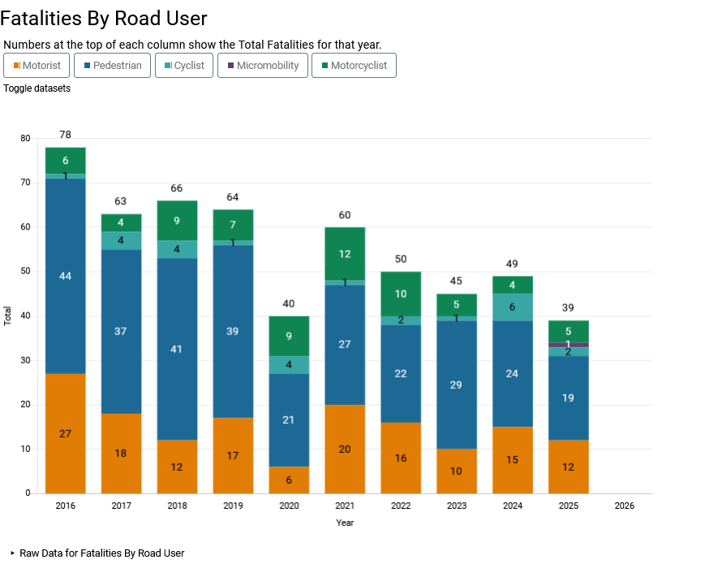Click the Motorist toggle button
pyautogui.click(x=37, y=66)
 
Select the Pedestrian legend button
pyautogui.click(x=112, y=66)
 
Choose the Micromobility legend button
pyautogui.click(x=263, y=66)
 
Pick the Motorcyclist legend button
pyautogui.click(x=354, y=66)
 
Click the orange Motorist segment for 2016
pyautogui.click(x=66, y=433)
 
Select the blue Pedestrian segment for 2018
pyautogui.click(x=177, y=349)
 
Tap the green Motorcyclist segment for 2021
pyautogui.click(x=345, y=254)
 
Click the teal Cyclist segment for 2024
pyautogui.click(x=513, y=307)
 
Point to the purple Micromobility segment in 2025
pyautogui.click(x=569, y=345)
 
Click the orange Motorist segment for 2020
pyautogui.click(x=289, y=480)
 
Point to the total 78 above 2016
pyautogui.click(x=66, y=135)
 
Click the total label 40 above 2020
pyautogui.click(x=289, y=304)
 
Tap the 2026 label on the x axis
pyautogui.click(x=624, y=506)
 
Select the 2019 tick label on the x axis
pyautogui.click(x=233, y=506)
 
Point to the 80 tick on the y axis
pyautogui.click(x=25, y=139)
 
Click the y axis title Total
pyautogui.click(x=8, y=316)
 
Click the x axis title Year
pyautogui.click(x=345, y=523)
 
